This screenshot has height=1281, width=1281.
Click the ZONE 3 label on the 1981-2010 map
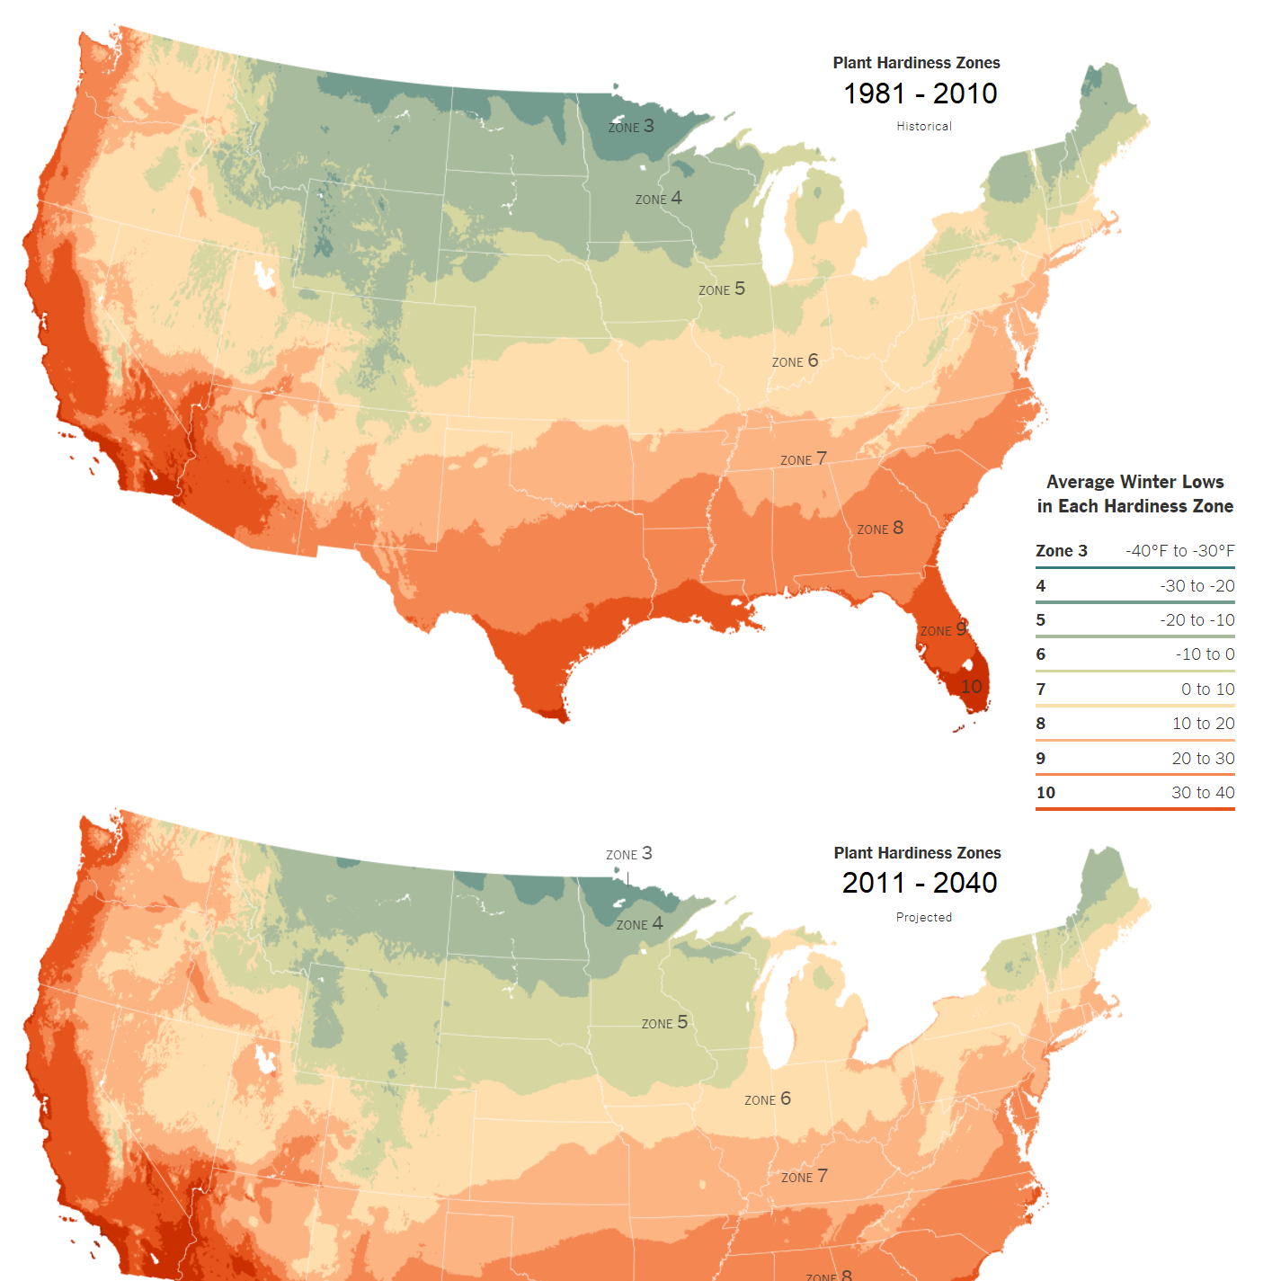tap(631, 127)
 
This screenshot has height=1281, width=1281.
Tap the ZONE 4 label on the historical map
tap(658, 199)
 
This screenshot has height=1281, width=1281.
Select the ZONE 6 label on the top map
tap(795, 361)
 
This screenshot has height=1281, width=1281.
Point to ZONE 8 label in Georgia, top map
tap(880, 529)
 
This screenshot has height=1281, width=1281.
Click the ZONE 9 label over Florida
tap(943, 630)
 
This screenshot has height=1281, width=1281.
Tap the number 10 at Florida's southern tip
tap(972, 687)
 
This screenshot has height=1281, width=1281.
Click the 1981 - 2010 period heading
tap(920, 93)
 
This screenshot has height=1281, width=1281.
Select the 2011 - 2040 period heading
tap(920, 883)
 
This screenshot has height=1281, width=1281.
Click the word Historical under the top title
tap(923, 127)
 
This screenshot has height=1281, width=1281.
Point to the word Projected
tap(923, 917)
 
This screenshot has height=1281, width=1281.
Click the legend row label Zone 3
tap(1061, 551)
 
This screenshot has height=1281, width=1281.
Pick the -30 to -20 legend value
tap(1196, 586)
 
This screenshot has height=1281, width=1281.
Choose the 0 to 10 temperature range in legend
tap(1207, 689)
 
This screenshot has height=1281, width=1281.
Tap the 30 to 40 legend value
tap(1203, 793)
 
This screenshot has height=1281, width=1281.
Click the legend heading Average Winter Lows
tap(1134, 482)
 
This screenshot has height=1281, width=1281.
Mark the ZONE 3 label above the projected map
tap(629, 854)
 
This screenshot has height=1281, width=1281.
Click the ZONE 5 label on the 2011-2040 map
tap(664, 1023)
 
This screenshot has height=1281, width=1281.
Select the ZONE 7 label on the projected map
tap(804, 1177)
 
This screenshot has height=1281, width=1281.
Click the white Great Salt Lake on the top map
tap(264, 275)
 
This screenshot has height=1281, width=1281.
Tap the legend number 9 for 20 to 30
tap(1041, 759)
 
